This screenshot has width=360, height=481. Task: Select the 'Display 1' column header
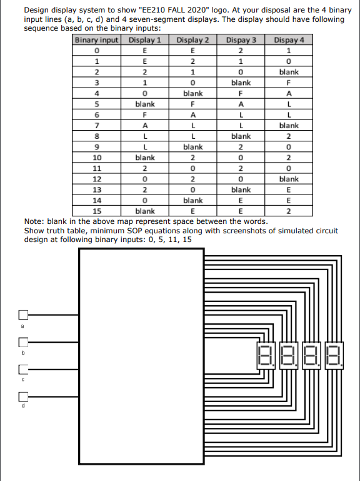coord(145,41)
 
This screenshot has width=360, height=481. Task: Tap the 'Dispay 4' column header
coord(288,41)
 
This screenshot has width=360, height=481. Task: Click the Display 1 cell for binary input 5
coord(145,104)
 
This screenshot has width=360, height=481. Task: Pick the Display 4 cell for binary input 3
coord(288,82)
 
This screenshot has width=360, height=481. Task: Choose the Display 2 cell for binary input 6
coord(193,114)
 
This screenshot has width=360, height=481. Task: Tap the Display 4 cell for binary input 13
coord(288,190)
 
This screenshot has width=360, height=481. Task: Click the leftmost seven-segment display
coord(265,357)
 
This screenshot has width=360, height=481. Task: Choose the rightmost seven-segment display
coord(334,357)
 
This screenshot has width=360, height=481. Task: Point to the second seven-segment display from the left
coord(288,357)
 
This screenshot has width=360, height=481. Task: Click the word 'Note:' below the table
coord(32,221)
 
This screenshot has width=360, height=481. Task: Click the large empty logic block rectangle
coord(141,357)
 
